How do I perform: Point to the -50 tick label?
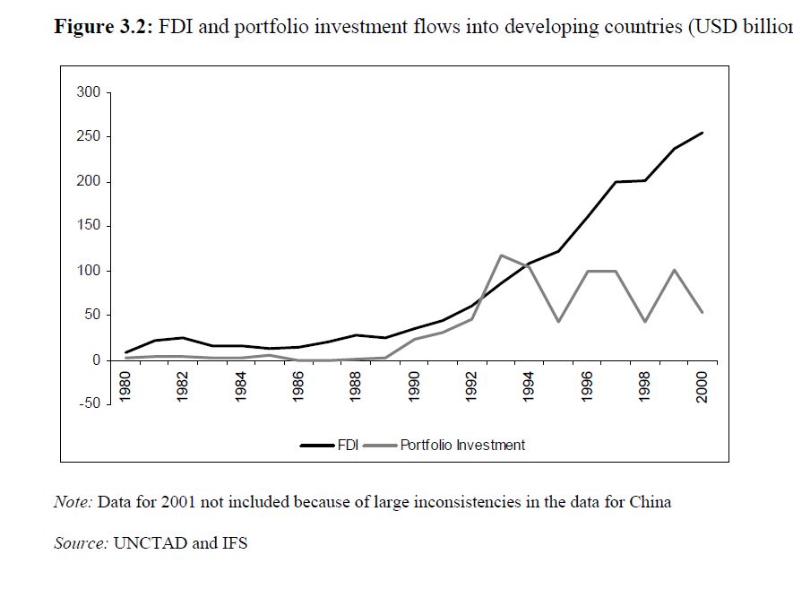(x=90, y=403)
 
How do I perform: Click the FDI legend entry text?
(x=348, y=445)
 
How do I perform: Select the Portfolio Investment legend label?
(x=462, y=445)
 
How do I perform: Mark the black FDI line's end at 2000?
(x=702, y=133)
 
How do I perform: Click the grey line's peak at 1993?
(x=501, y=256)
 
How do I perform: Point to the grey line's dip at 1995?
(x=558, y=322)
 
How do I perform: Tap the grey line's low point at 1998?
(x=645, y=322)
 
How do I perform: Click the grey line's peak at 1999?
(x=674, y=270)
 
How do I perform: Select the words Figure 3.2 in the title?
(x=103, y=26)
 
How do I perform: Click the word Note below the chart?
(x=72, y=502)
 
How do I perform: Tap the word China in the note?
(x=651, y=502)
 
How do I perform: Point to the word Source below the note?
(x=80, y=543)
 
